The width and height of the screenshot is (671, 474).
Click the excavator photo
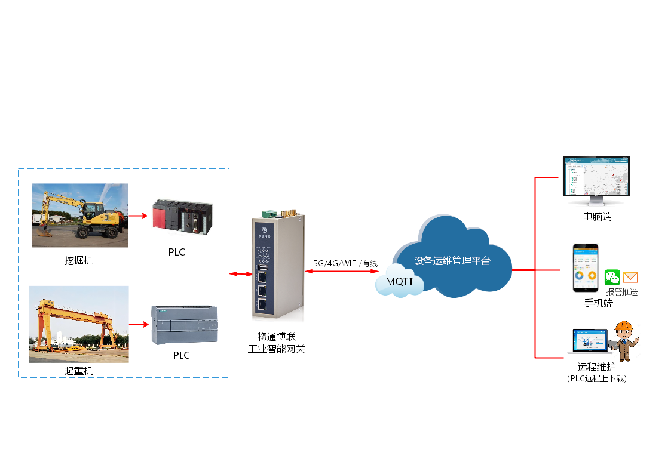(80, 216)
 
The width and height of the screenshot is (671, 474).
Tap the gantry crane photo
(79, 324)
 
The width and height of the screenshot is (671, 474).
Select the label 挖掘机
(79, 260)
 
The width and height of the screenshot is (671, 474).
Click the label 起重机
(79, 371)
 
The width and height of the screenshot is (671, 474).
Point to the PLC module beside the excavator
(181, 216)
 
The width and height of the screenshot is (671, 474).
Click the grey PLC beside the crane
(185, 324)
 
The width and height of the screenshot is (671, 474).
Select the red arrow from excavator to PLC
(138, 216)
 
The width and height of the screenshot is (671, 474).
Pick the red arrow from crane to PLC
(139, 325)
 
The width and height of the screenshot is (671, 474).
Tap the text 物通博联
(277, 337)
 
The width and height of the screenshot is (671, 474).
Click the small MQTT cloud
(400, 281)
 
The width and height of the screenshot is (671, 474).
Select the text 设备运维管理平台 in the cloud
(452, 261)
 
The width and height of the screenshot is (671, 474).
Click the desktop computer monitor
(596, 179)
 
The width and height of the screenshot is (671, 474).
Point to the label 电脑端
(598, 217)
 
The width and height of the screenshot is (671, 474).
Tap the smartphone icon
(586, 268)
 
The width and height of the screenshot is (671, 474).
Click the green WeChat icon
(612, 277)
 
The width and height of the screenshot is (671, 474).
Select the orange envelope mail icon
(630, 277)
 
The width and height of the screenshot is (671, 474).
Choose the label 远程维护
(596, 367)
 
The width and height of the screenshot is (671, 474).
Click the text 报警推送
(622, 292)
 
